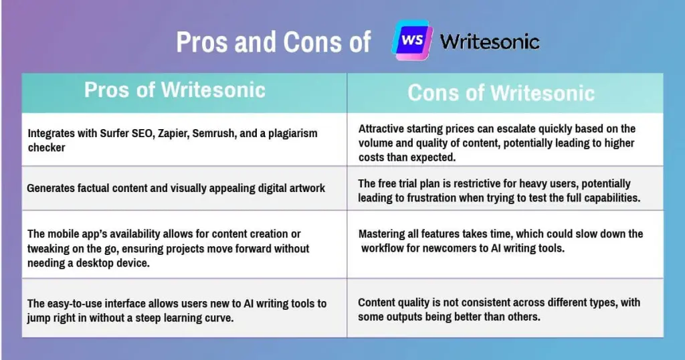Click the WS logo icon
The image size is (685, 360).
412,40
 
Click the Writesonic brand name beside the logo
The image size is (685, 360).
490,42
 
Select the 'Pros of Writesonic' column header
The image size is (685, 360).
175,90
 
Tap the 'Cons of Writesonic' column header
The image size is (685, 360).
501,93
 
